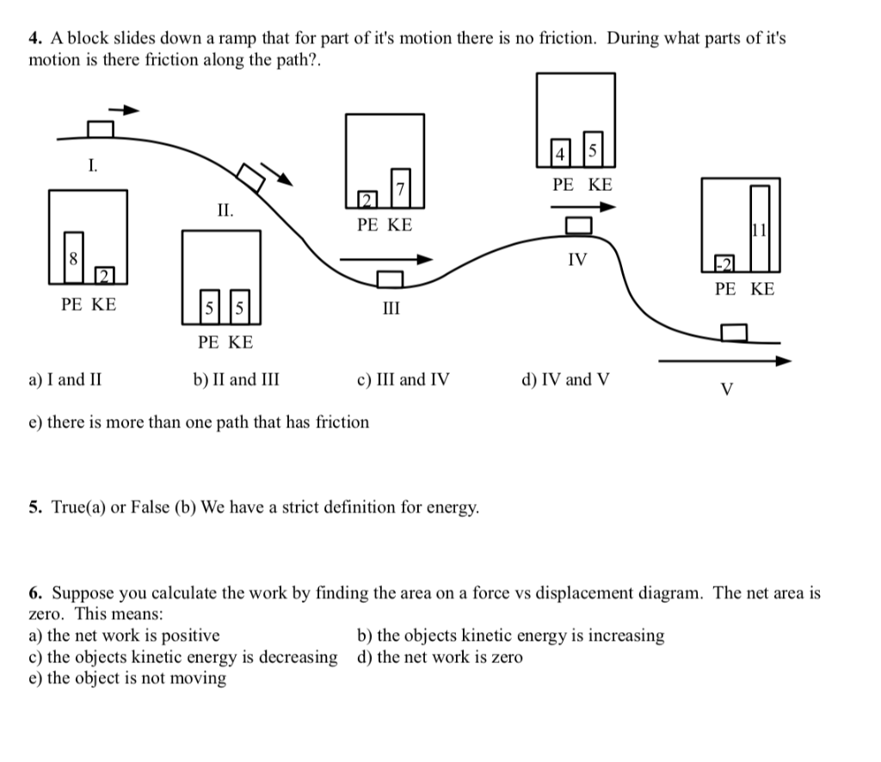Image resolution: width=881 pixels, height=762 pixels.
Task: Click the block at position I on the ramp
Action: [101, 129]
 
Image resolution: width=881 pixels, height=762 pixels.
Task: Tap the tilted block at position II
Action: [250, 178]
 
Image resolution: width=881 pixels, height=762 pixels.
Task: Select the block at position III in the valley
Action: [390, 279]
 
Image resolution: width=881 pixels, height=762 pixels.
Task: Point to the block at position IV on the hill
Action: [579, 225]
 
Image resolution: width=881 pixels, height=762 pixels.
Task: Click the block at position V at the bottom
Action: [734, 333]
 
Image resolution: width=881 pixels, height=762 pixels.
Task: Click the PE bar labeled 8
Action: [74, 258]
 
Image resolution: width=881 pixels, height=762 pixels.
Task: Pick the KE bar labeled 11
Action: [760, 229]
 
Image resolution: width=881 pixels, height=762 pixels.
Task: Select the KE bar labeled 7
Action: [401, 188]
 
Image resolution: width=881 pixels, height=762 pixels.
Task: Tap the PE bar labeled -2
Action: [724, 263]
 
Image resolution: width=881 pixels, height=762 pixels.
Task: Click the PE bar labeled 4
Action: [560, 153]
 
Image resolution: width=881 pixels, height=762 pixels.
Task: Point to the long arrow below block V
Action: [724, 360]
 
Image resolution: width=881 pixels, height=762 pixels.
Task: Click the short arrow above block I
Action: [124, 109]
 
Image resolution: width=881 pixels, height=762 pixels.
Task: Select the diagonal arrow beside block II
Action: [276, 174]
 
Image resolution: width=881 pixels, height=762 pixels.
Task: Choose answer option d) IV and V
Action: [565, 380]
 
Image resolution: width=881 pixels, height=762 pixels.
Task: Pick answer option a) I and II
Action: [65, 380]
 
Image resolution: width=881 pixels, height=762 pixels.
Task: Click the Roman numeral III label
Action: [391, 308]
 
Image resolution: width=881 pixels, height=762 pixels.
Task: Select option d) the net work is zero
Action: [440, 657]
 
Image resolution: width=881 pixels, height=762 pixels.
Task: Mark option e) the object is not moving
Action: [127, 679]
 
